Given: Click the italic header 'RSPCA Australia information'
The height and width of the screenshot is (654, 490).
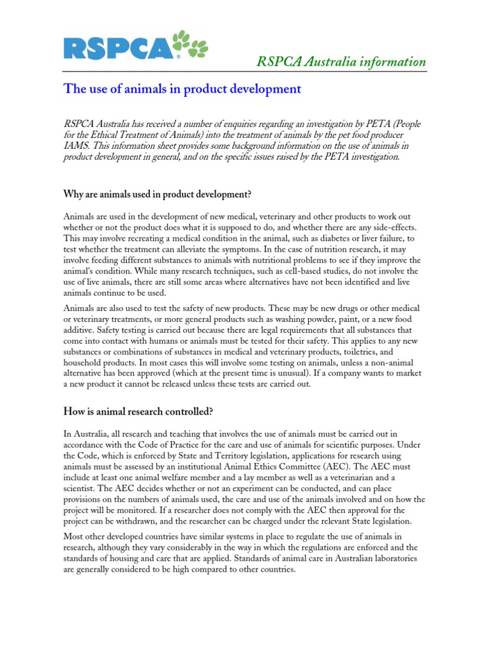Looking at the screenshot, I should (341, 62).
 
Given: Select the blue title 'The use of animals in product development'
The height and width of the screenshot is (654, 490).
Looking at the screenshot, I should (182, 89).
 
